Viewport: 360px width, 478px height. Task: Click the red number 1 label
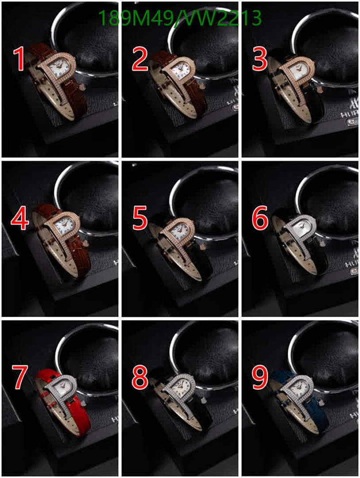click(x=19, y=60)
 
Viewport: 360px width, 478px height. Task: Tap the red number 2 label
click(x=140, y=60)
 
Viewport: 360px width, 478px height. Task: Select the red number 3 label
click(x=260, y=60)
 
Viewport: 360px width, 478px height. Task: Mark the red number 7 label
click(x=20, y=378)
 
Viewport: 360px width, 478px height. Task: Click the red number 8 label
click(x=140, y=378)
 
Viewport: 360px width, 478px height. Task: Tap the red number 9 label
click(x=260, y=378)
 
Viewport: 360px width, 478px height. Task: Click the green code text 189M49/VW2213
click(x=180, y=18)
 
